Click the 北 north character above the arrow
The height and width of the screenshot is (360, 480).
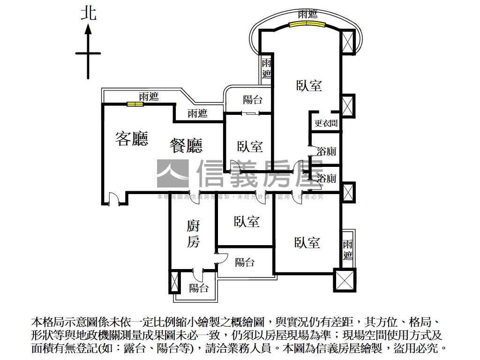(x=88, y=13)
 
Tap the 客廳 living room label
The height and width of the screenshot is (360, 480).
(x=132, y=138)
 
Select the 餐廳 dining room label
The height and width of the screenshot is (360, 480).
(x=186, y=145)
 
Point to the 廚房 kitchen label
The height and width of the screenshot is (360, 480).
(x=193, y=234)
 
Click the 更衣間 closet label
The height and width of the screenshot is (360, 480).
(x=326, y=123)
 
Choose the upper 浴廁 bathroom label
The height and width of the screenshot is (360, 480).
(x=326, y=151)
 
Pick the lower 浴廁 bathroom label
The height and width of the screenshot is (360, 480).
(x=326, y=179)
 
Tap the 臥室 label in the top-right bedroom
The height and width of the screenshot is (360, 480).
(x=309, y=85)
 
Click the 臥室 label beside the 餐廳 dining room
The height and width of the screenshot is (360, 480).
(x=250, y=146)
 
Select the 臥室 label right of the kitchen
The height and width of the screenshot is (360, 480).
(x=247, y=221)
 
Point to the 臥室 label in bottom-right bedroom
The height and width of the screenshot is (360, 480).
(x=307, y=242)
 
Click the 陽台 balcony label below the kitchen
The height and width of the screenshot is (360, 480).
(x=199, y=288)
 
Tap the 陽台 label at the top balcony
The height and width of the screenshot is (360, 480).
(x=253, y=99)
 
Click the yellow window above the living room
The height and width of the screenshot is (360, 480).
(x=135, y=104)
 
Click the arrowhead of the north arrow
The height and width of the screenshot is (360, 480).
(x=88, y=30)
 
